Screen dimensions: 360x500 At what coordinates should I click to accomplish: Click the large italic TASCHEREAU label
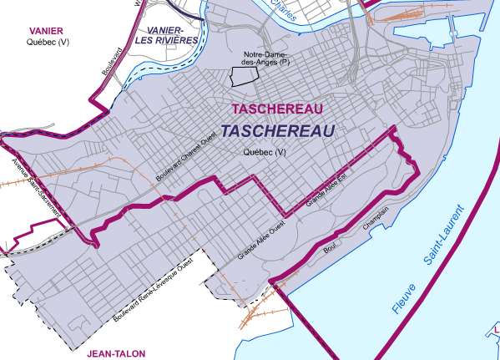(x=279, y=132)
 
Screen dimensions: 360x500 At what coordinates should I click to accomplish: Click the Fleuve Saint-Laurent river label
(x=427, y=261)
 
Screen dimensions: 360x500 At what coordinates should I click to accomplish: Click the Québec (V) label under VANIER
(x=36, y=41)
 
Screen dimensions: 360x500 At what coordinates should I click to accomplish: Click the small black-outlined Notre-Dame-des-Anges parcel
(x=241, y=78)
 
